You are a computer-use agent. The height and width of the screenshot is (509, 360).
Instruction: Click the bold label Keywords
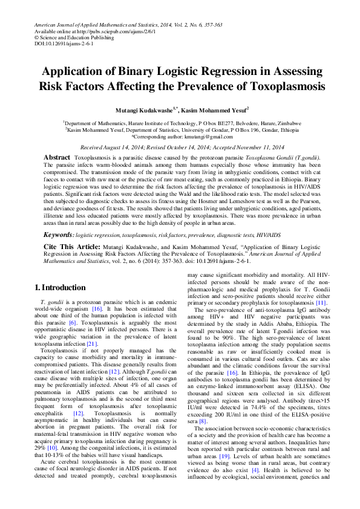click(59, 233)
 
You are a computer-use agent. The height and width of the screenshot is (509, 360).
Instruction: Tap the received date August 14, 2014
click(132, 147)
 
